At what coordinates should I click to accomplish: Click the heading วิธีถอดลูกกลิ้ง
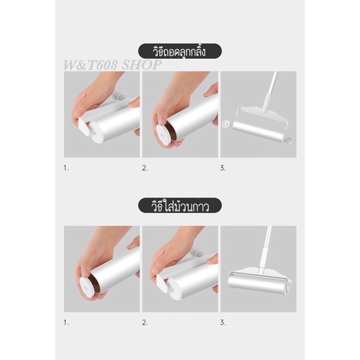tap(179, 52)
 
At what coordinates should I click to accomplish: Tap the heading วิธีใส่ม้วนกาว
tap(180, 206)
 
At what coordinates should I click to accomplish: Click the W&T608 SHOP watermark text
tap(112, 65)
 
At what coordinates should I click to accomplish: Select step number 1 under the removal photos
tap(66, 168)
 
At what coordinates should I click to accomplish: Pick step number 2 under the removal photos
tap(144, 168)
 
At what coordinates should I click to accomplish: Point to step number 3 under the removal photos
tap(223, 168)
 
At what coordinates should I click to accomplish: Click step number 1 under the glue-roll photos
tap(66, 322)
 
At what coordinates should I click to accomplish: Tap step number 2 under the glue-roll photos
tap(144, 322)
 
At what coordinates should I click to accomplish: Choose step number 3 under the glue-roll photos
tap(223, 322)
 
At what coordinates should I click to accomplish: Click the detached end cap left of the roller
tap(227, 124)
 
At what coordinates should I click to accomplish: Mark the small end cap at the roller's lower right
tap(289, 141)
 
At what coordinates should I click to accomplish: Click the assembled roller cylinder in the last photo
tap(257, 284)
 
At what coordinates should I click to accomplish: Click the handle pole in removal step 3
tap(270, 90)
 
